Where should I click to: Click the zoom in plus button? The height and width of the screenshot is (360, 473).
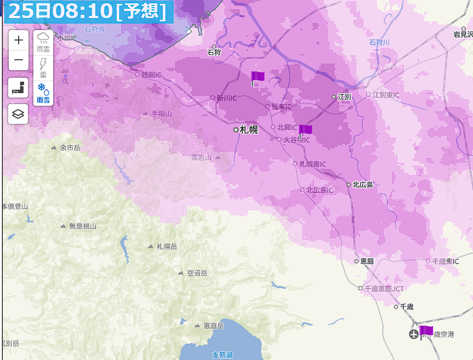coord(19,40)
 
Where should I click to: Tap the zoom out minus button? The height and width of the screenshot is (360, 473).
coord(19,60)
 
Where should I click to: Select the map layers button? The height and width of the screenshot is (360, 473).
coord(19,114)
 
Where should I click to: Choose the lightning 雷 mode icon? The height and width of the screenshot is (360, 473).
coord(43,68)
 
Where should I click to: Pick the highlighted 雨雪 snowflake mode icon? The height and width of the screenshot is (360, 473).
coord(43,93)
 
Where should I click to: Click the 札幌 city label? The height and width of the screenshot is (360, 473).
coord(249,130)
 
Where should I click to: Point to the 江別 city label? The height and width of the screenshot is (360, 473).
coord(344,96)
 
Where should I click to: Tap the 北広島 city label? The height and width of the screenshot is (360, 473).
coord(362,185)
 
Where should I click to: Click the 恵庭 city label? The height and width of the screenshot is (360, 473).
coord(367,261)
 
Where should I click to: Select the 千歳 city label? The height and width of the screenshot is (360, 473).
coord(406,307)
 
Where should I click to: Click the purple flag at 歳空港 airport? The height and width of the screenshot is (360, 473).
coord(426,331)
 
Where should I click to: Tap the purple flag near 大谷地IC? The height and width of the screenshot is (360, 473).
coord(305,130)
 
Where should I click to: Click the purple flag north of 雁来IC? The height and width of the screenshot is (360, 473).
coord(257,77)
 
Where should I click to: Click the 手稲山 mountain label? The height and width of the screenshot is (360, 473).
coord(161,114)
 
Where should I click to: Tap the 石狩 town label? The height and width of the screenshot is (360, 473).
coord(214,53)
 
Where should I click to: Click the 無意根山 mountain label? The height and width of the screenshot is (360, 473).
coord(83,226)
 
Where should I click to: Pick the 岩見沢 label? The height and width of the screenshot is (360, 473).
coord(463,34)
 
